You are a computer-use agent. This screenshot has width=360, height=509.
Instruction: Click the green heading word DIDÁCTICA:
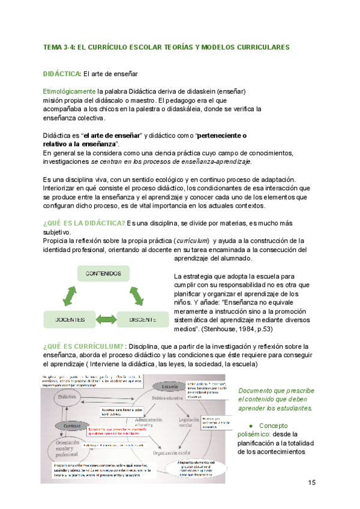62,74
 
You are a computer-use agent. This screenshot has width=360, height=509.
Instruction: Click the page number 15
311,483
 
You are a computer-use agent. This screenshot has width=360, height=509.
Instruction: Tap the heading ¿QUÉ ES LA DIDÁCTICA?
83,224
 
